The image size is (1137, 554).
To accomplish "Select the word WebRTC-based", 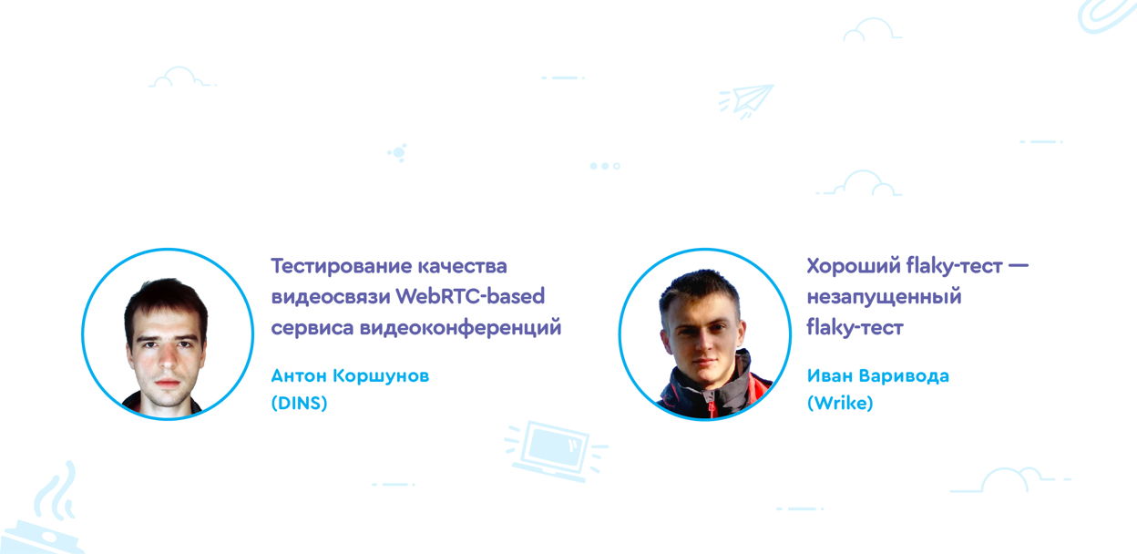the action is (x=470, y=296).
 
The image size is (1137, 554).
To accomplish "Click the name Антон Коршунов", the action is (x=350, y=376).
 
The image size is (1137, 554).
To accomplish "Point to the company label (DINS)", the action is (x=299, y=403).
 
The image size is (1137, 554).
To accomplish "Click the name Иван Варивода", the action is (x=878, y=376).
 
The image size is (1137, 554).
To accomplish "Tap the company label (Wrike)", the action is (x=840, y=403).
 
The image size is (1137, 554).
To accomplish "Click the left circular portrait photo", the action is (x=168, y=334).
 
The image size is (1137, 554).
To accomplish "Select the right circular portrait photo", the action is (x=704, y=334).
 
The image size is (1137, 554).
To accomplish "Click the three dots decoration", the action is (x=605, y=166).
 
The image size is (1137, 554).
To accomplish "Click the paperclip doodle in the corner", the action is (x=1107, y=15).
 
